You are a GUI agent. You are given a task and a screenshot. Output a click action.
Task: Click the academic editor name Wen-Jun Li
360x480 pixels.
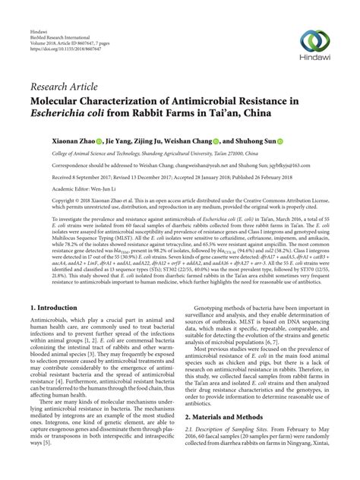100,188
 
